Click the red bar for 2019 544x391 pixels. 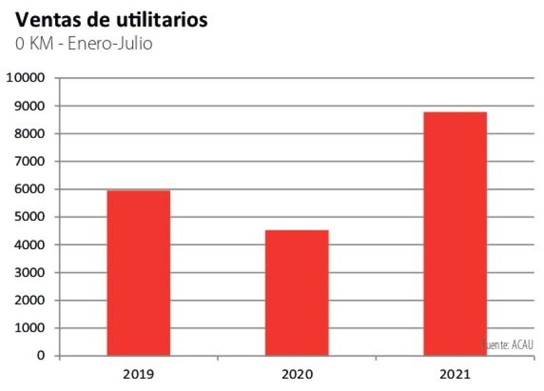coord(138,273)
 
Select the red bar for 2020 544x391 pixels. coord(297,293)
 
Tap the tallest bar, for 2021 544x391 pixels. coord(455,234)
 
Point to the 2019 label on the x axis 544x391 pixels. coord(138,374)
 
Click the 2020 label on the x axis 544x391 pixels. coord(297,374)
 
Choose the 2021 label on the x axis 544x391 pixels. coord(455,374)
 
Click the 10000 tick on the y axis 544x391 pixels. coord(25,78)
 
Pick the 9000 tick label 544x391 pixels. coord(28,106)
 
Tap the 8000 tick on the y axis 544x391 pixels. coord(28,134)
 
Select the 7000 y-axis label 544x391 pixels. coord(28,162)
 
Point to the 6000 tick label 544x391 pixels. coord(28,190)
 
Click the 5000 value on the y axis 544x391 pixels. coord(28,218)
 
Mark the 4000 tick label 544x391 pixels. coord(28,245)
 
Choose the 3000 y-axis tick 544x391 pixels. coord(28,273)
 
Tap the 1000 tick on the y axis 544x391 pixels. coord(28,328)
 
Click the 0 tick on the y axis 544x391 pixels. coord(41,356)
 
